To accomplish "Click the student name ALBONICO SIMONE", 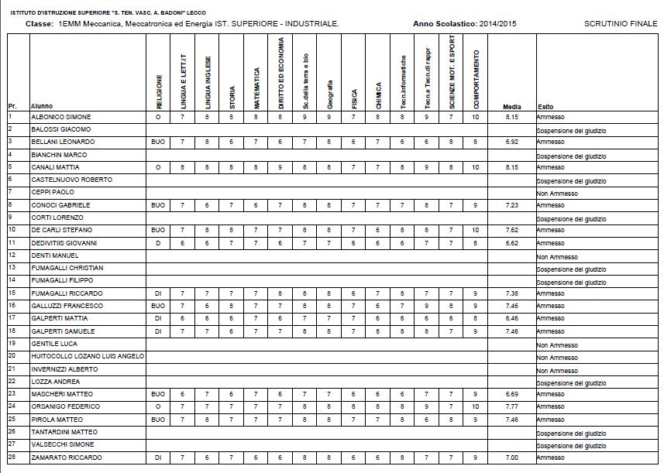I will [60, 116].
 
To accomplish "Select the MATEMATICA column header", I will [257, 86].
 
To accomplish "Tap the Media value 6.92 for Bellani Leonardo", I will [511, 142].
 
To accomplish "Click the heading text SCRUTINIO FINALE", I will [621, 24].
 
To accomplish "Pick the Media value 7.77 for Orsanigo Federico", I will [511, 406].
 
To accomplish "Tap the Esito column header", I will [545, 106].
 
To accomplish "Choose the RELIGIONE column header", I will [159, 91].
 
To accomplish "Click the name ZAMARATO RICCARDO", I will [66, 458].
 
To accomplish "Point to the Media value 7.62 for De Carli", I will [511, 230].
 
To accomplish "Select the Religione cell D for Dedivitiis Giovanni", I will [159, 242].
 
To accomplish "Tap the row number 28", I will [12, 457].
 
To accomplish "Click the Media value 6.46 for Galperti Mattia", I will [511, 318].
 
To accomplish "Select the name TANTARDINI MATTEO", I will [64, 431].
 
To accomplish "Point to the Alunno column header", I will [41, 106].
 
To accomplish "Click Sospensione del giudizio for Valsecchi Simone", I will [570, 447].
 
